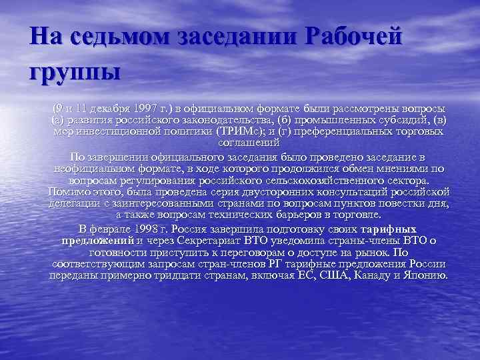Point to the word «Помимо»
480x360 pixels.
tap(69, 192)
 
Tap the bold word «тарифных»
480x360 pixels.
tap(398, 228)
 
